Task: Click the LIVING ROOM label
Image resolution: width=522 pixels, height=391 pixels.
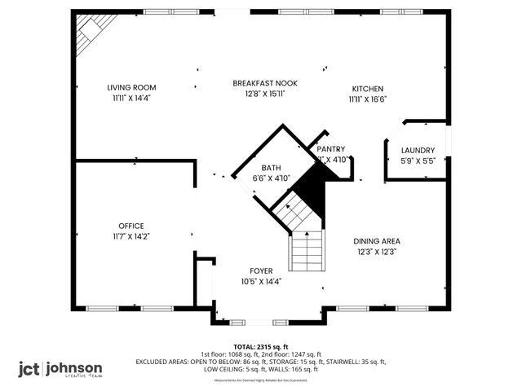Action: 131,87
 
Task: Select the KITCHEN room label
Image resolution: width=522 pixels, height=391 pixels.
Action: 367,89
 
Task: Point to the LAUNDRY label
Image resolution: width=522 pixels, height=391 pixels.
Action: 418,150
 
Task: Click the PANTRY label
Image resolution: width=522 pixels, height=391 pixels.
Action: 331,149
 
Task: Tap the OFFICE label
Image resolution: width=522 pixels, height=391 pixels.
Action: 131,226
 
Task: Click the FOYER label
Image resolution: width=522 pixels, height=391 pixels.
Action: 261,270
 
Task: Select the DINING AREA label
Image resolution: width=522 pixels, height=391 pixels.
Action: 377,241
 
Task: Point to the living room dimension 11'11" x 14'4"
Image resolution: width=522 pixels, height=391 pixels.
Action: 131,98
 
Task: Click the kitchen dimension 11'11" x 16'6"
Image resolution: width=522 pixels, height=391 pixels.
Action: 367,99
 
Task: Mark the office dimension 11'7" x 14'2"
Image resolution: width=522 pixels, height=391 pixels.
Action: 131,236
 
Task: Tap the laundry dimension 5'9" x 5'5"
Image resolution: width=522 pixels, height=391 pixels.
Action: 418,160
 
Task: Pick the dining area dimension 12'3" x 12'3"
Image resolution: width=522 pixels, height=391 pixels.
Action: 377,252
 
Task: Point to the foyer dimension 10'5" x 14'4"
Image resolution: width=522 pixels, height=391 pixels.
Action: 261,281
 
